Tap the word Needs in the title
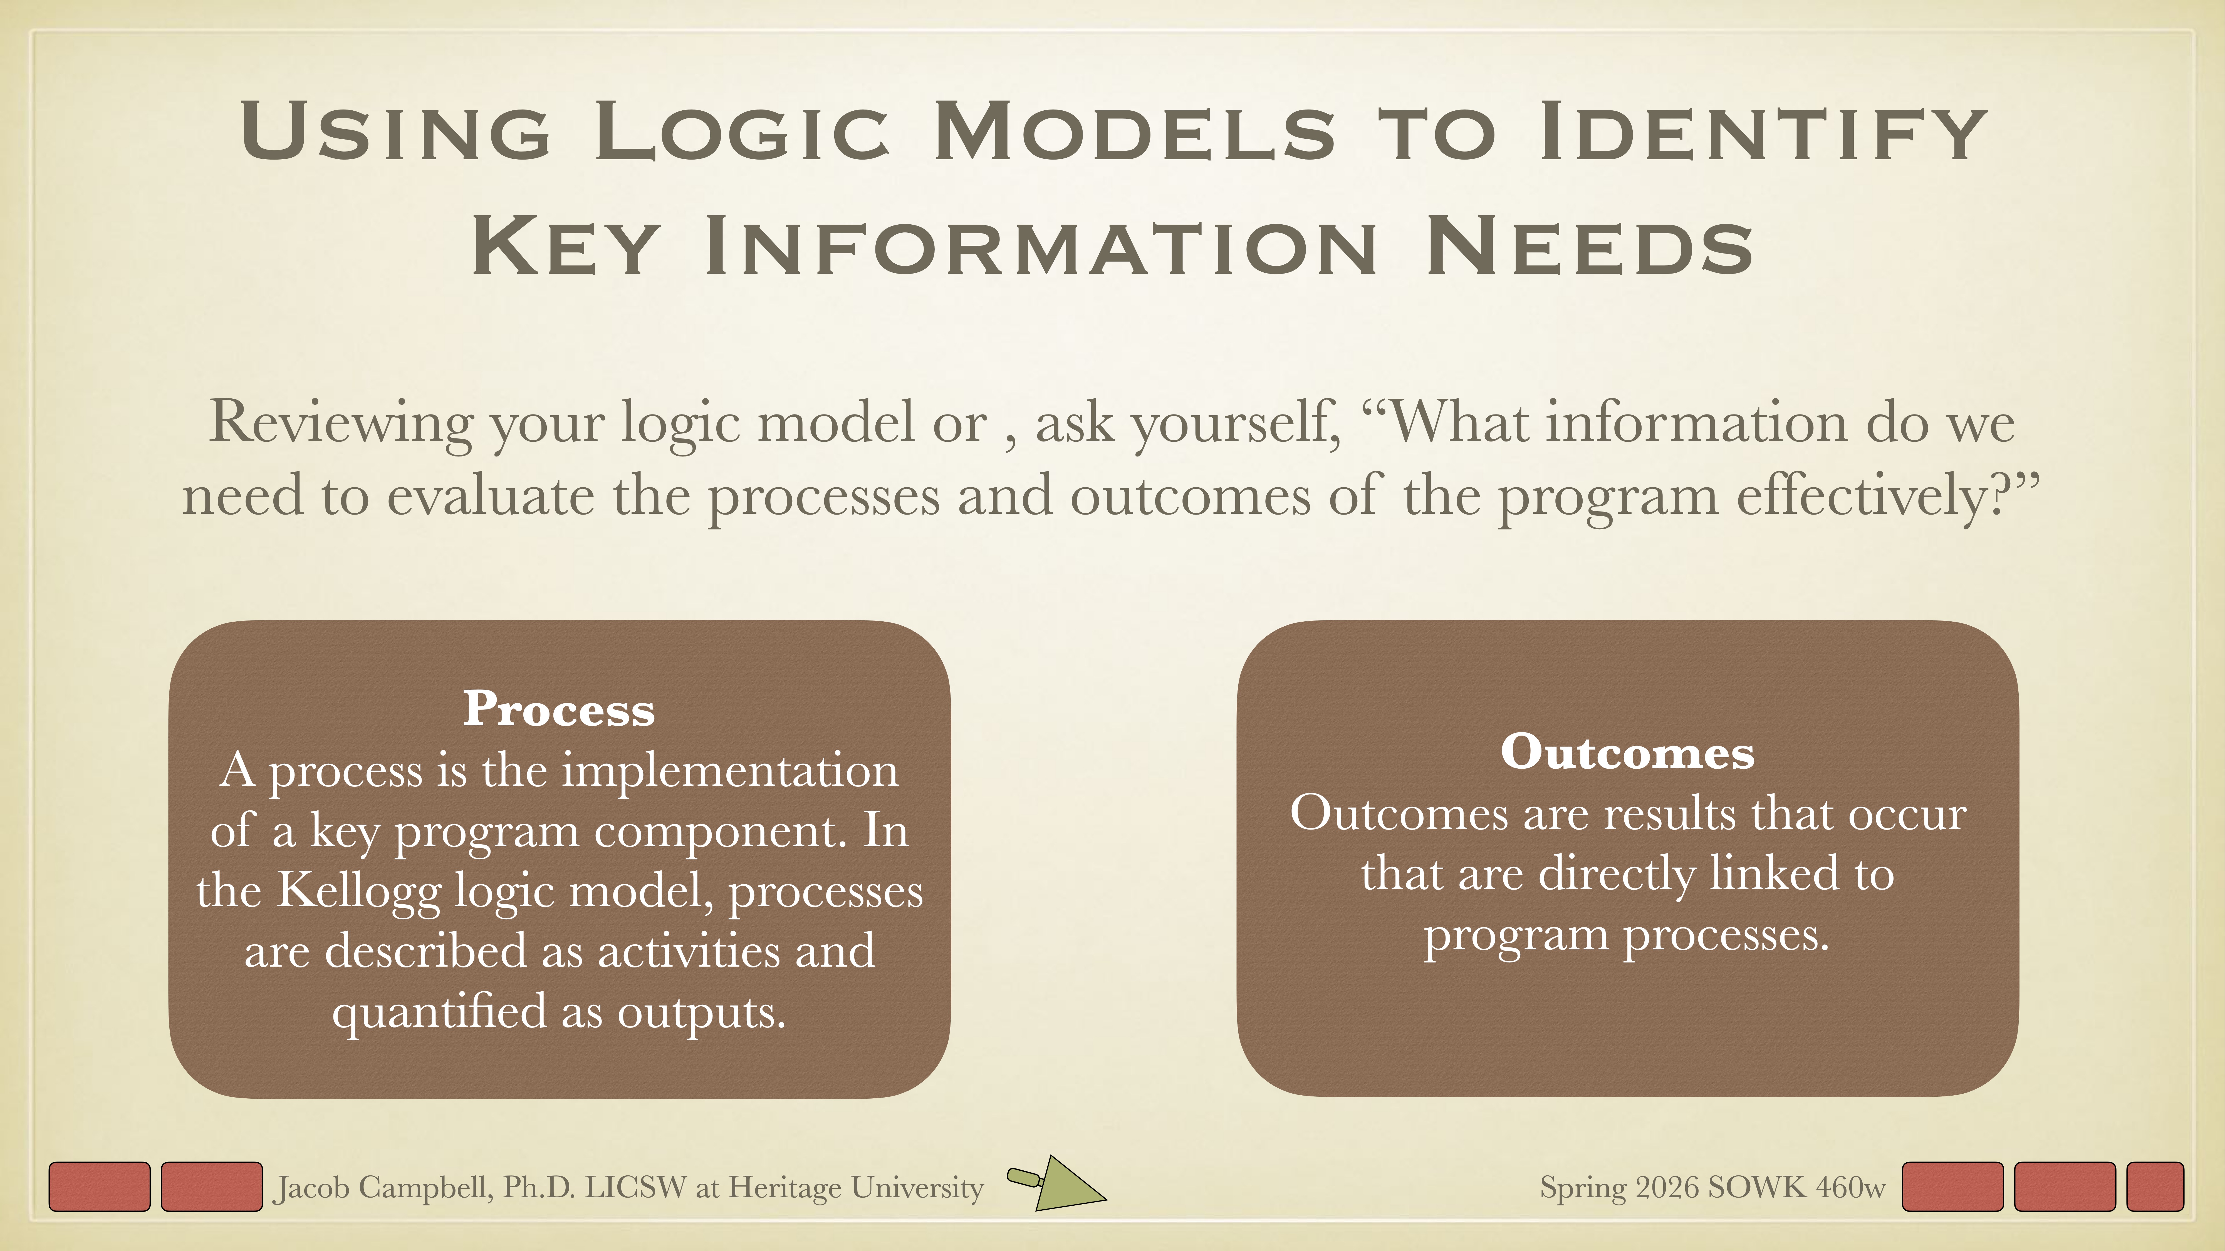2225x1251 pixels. click(1589, 247)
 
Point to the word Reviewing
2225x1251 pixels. click(340, 423)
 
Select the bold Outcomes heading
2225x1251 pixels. click(1627, 752)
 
